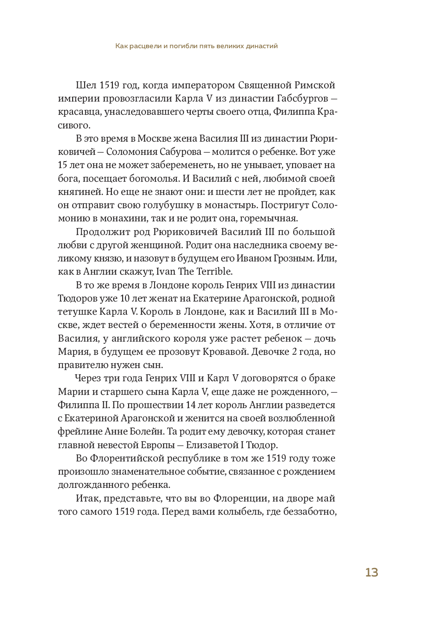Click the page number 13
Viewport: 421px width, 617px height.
pos(371,572)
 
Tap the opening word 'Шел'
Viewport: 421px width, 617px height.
pos(85,85)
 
